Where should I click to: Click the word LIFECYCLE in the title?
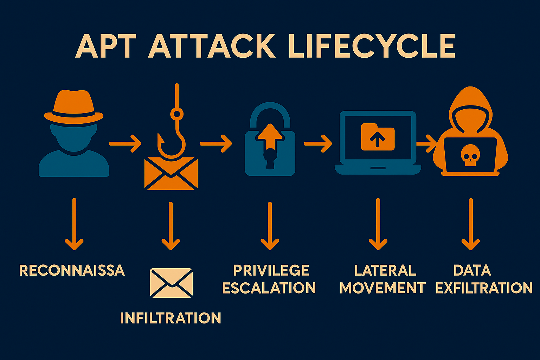[x=372, y=46]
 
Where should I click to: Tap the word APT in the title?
[x=105, y=46]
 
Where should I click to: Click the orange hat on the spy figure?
[x=74, y=107]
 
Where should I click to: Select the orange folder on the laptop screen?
[x=378, y=137]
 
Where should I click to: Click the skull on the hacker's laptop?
[x=469, y=155]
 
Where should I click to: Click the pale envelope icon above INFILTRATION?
[x=171, y=283]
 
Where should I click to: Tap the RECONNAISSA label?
[x=72, y=270]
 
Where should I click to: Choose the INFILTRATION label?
[x=171, y=318]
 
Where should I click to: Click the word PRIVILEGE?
[x=271, y=270]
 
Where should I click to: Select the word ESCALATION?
[x=269, y=288]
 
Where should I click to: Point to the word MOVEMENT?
[x=382, y=288]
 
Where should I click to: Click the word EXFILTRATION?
[x=484, y=288]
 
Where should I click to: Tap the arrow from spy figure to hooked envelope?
[x=125, y=143]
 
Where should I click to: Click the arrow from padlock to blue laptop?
[x=318, y=143]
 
